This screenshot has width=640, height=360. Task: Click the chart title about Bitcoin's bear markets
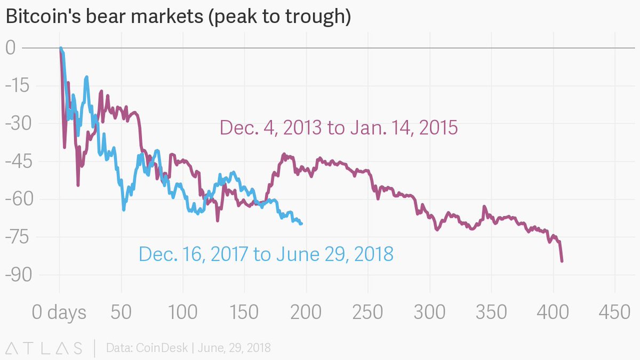point(178,17)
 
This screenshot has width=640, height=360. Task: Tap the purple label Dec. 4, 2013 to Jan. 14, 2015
point(339,128)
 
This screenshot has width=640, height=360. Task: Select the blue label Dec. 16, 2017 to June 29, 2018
point(266,254)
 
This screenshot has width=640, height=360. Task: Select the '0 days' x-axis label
point(59,313)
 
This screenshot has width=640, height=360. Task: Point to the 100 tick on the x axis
point(183,313)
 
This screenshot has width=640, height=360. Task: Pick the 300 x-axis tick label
point(430,313)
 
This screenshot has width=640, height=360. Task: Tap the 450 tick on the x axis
point(615,313)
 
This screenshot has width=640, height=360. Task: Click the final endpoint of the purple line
point(562,261)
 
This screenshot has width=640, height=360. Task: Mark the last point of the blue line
point(301,223)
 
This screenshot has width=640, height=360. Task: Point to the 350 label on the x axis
point(492,313)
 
